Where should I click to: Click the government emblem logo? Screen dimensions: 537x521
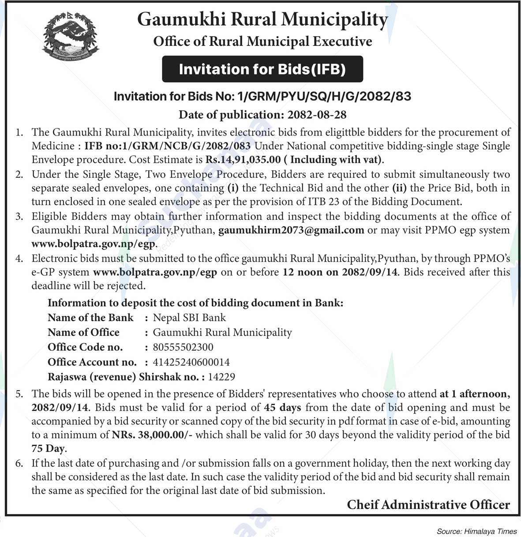click(x=71, y=38)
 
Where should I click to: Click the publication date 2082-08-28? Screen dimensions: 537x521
click(x=317, y=115)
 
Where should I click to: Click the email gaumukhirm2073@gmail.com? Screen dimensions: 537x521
click(x=291, y=230)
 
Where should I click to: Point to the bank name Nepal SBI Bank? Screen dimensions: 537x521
click(x=189, y=318)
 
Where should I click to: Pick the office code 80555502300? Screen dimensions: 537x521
click(x=183, y=347)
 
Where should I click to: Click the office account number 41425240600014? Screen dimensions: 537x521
click(x=191, y=362)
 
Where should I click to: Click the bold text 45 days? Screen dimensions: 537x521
click(x=282, y=407)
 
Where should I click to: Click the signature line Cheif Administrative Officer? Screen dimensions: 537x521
click(x=428, y=504)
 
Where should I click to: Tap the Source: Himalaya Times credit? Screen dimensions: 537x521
click(x=476, y=531)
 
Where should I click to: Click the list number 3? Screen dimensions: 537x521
click(x=19, y=217)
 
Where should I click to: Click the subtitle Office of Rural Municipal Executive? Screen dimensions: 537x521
click(x=262, y=42)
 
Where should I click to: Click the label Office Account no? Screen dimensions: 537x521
click(x=92, y=362)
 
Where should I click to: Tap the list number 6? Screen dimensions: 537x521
click(x=19, y=464)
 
